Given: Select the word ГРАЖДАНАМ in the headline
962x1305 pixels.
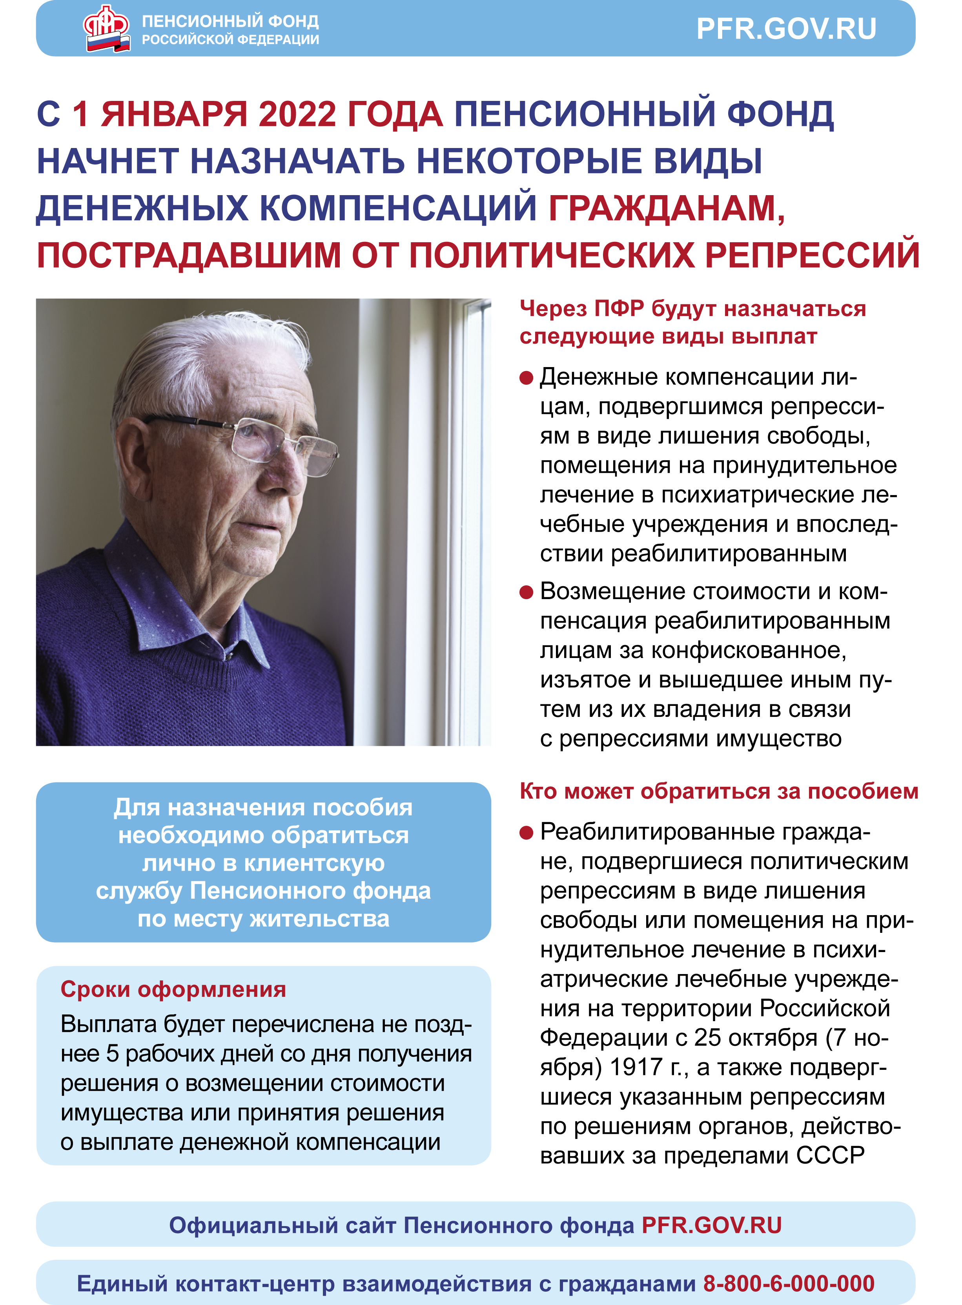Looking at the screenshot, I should click(x=666, y=208).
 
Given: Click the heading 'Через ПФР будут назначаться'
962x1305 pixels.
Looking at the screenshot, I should click(x=692, y=309).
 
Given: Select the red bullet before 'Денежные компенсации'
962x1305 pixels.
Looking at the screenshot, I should click(x=526, y=378).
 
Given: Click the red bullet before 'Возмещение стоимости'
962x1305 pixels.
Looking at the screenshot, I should click(x=526, y=592).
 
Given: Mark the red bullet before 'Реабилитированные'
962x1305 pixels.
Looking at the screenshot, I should click(x=526, y=833).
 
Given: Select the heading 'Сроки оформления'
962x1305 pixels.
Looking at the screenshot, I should click(x=173, y=989).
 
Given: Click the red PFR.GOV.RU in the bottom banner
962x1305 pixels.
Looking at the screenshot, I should click(x=712, y=1225).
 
